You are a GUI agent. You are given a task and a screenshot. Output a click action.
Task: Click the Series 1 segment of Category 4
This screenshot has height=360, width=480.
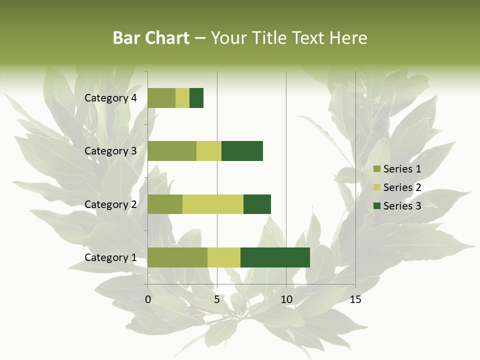[x=161, y=98]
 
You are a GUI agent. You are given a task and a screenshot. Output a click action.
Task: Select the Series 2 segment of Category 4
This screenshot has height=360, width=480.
[x=182, y=98]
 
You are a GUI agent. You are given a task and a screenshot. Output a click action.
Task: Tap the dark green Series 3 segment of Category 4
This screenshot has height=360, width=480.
[x=196, y=98]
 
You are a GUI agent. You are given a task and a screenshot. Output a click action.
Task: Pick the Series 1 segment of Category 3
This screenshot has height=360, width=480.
[x=172, y=151]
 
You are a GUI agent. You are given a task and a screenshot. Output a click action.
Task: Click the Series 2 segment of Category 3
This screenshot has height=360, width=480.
[x=209, y=151]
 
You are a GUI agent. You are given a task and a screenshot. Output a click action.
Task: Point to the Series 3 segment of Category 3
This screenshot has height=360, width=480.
[x=242, y=151]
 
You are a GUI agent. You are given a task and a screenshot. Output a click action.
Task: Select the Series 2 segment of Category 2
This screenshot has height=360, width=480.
[x=213, y=204]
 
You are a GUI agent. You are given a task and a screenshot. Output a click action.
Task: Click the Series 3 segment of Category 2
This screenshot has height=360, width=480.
[x=257, y=204]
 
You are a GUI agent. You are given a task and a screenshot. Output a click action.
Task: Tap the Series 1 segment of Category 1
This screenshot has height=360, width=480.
[x=177, y=257]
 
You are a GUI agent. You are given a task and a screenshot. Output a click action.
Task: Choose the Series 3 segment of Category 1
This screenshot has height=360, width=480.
[x=275, y=257]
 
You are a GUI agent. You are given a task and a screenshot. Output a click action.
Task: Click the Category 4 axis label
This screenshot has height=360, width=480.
[x=110, y=98]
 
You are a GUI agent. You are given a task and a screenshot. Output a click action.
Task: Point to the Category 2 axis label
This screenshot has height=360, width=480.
[x=110, y=204]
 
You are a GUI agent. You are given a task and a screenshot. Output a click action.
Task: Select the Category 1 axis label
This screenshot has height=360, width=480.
[x=110, y=257]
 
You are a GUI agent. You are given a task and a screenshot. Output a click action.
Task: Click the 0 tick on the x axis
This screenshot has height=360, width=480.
[x=148, y=300]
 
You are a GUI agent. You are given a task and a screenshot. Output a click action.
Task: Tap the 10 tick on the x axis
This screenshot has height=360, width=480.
[x=286, y=300]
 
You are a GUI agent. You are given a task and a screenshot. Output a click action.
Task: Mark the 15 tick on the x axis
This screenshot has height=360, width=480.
[x=355, y=300]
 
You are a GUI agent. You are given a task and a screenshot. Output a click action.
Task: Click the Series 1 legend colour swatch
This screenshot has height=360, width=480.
[x=376, y=169]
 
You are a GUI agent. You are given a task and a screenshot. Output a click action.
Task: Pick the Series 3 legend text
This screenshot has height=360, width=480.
[x=402, y=206]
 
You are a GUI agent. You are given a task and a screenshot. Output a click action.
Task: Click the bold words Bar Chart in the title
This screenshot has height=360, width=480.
[x=151, y=38]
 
